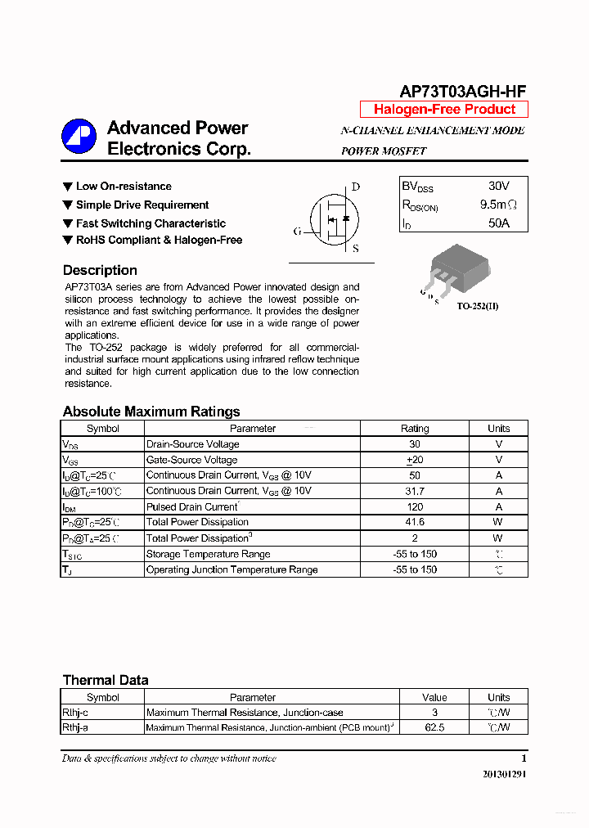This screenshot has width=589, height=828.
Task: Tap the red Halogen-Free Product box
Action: click(x=444, y=110)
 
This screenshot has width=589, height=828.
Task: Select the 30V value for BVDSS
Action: click(x=498, y=187)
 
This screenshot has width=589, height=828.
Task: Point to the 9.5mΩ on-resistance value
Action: click(x=498, y=205)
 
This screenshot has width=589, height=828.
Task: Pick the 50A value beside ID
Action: click(x=498, y=223)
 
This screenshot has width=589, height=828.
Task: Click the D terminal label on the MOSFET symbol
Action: click(x=356, y=187)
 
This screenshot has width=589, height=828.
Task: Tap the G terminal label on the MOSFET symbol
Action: click(x=298, y=232)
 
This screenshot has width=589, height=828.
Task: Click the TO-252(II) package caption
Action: click(x=477, y=306)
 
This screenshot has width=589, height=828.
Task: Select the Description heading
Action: click(x=100, y=270)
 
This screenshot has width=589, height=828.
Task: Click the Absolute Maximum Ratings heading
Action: click(x=151, y=412)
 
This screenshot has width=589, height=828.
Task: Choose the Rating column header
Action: click(x=415, y=429)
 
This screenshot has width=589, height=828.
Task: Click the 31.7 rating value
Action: click(x=415, y=491)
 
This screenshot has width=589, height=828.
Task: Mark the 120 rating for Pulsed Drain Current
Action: click(x=415, y=506)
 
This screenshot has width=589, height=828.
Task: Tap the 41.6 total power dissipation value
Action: click(x=415, y=522)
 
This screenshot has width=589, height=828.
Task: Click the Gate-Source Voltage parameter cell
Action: click(x=192, y=460)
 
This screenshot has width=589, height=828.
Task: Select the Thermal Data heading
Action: click(x=106, y=680)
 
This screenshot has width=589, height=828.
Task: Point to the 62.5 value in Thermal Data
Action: click(x=434, y=727)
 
